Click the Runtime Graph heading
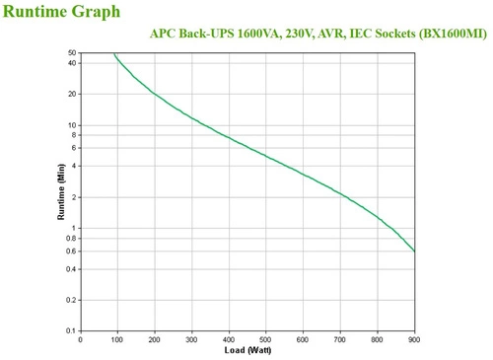click(x=61, y=12)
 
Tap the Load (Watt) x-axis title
click(x=247, y=351)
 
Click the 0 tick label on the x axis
click(x=81, y=340)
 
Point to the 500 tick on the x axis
click(x=266, y=340)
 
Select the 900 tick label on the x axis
click(x=414, y=340)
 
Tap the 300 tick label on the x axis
click(x=192, y=340)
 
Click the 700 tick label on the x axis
click(x=340, y=340)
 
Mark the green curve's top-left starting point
click(x=114, y=54)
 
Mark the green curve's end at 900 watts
click(x=414, y=251)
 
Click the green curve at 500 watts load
click(x=266, y=156)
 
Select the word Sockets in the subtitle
click(x=388, y=33)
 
